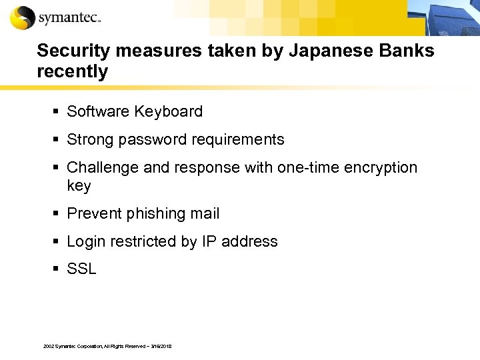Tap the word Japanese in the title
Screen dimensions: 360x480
pos(319,51)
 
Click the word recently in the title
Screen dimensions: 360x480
pos(72,72)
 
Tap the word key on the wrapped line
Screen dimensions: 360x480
pos(79,186)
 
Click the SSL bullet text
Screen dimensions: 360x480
pos(81,269)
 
